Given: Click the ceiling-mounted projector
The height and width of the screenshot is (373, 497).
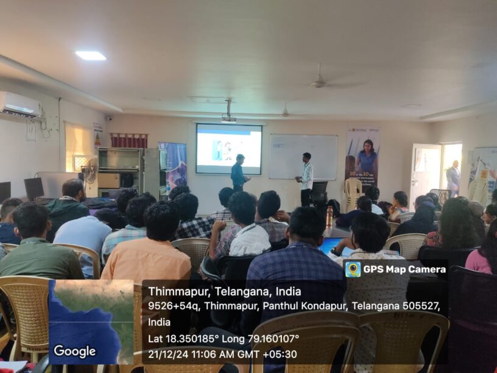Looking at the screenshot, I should [229, 118].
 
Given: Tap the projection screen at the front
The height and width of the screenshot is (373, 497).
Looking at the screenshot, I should [229, 148].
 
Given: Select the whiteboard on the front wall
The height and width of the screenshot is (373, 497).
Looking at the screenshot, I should [303, 156].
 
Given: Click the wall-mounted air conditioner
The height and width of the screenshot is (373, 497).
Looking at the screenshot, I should [19, 104].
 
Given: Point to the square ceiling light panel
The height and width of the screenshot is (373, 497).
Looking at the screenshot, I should [91, 55].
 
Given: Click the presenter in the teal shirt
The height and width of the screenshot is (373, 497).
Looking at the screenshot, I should [238, 172].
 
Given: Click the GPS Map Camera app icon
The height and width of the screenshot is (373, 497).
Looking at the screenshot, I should [353, 269].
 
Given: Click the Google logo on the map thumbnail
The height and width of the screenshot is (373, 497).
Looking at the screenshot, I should [74, 351].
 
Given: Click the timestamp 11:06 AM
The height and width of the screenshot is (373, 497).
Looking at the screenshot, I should [219, 354].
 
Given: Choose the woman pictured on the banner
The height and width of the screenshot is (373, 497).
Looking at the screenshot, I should [367, 158].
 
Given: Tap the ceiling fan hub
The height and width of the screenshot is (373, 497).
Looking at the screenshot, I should [319, 84].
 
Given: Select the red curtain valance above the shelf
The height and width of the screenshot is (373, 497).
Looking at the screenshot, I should [129, 140].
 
